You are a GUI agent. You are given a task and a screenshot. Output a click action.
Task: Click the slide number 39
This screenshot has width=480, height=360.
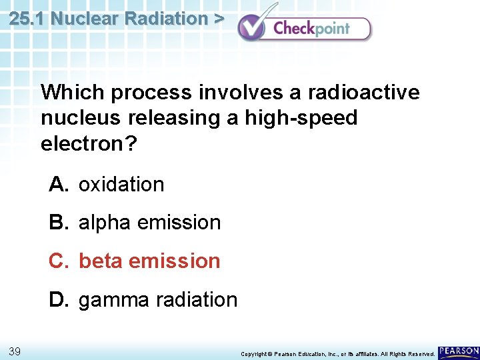pyautogui.click(x=15, y=351)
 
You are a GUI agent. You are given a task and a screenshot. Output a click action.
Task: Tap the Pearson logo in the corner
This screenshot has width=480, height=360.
pyautogui.click(x=459, y=351)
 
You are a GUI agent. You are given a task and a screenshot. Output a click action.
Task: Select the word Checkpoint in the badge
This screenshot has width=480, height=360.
pyautogui.click(x=311, y=28)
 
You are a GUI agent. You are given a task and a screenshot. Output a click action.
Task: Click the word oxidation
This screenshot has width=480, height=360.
pyautogui.click(x=121, y=185)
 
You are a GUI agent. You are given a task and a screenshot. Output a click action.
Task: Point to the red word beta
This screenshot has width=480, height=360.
pyautogui.click(x=101, y=261)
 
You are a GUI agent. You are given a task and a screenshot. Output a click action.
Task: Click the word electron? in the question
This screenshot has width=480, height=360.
pyautogui.click(x=88, y=144)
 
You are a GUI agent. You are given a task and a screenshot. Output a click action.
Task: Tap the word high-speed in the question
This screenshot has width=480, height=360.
pyautogui.click(x=301, y=118)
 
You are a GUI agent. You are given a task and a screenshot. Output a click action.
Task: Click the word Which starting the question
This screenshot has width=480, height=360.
pyautogui.click(x=72, y=92)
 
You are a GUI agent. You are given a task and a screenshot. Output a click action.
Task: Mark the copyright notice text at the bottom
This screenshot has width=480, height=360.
pyautogui.click(x=337, y=353)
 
